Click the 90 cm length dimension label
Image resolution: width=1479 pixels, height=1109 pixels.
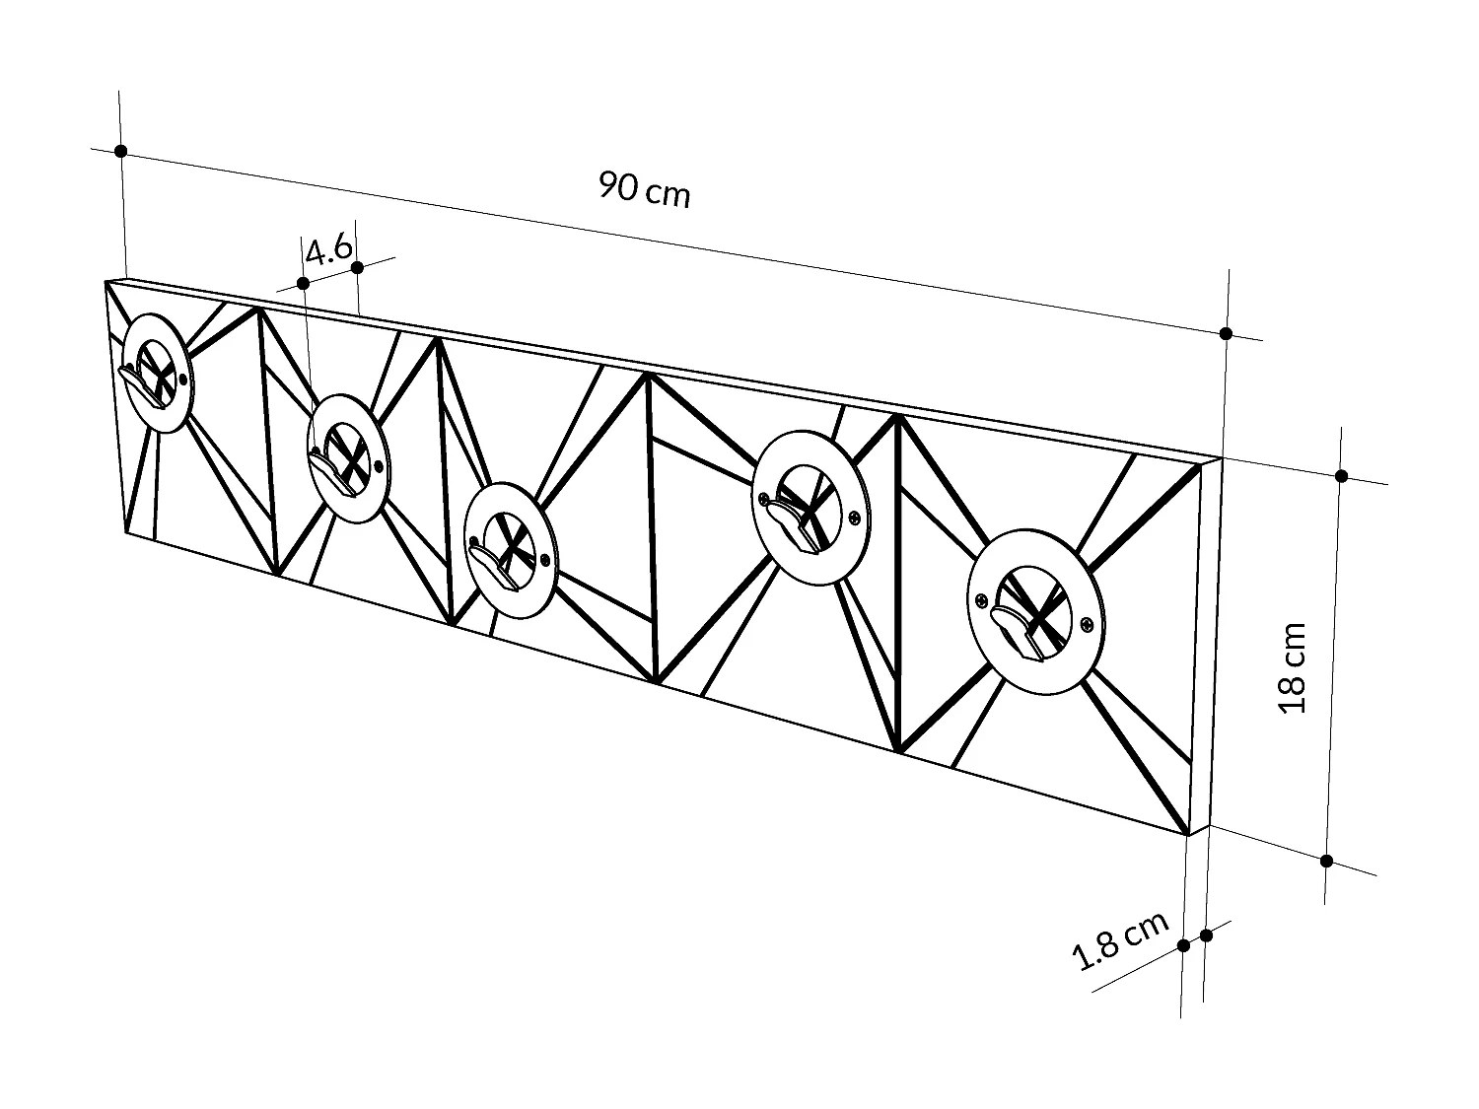[x=645, y=190]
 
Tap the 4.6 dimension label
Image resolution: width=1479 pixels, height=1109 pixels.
[x=328, y=249]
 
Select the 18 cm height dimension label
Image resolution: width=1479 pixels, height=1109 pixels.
[x=1293, y=667]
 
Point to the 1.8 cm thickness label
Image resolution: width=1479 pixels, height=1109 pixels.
[x=1119, y=940]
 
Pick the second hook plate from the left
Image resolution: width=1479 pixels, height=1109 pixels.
[x=348, y=457]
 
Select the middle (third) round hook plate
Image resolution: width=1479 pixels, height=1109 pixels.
[x=512, y=550]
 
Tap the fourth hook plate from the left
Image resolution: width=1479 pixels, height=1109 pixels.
[x=810, y=509]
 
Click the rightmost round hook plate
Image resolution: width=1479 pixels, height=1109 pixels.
[x=1036, y=611]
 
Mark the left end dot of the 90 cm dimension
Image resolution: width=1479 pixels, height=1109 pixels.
[x=120, y=151]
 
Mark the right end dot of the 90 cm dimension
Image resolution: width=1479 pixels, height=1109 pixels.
[x=1226, y=333]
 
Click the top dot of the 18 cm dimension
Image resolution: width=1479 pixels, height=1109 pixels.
[x=1341, y=476]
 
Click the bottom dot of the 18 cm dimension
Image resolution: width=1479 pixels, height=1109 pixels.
[x=1327, y=861]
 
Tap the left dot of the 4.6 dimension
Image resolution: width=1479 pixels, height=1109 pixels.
[x=304, y=284]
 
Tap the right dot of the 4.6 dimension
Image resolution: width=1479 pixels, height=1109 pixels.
[x=358, y=268]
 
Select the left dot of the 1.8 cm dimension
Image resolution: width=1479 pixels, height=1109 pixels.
[x=1183, y=946]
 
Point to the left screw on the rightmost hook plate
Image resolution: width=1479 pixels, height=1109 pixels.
[x=982, y=599]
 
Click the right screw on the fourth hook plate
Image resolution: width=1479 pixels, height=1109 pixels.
[x=855, y=518]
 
